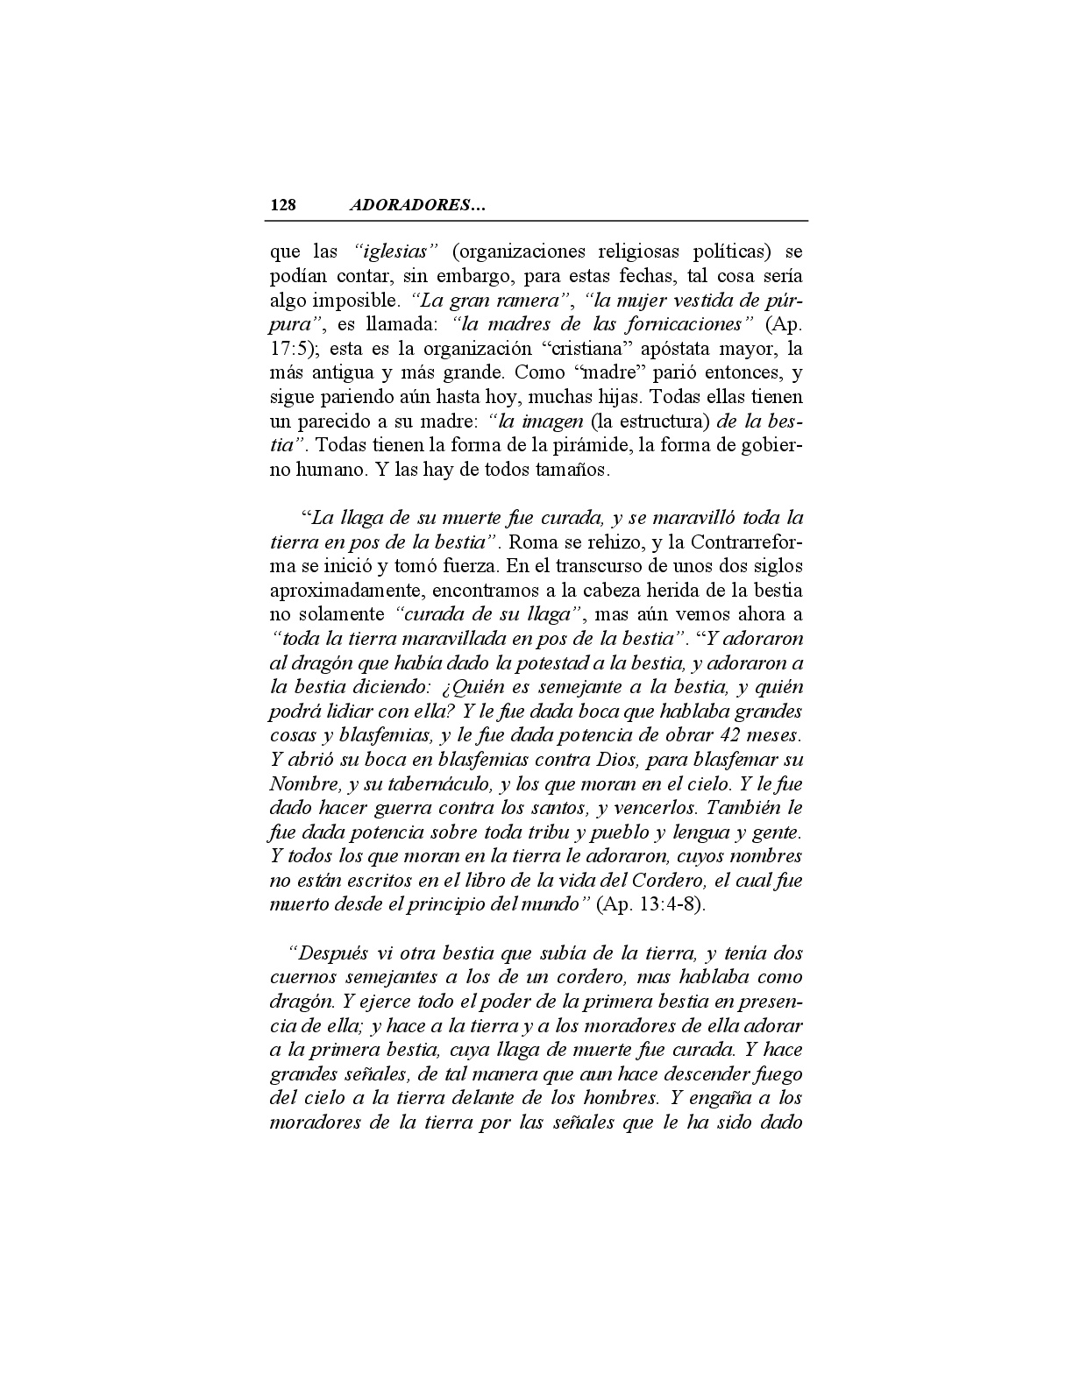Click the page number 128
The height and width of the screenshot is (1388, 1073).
(x=283, y=205)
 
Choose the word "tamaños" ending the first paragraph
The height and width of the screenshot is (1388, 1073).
(x=574, y=470)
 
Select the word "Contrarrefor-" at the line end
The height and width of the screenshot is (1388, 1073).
(x=742, y=542)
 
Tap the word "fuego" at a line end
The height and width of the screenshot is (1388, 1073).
(x=778, y=1073)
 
